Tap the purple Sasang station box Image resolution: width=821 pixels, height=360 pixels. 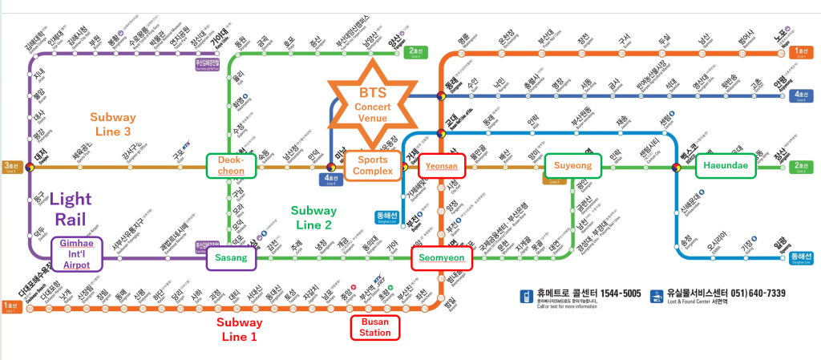[232, 257]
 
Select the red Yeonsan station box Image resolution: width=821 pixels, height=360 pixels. [442, 166]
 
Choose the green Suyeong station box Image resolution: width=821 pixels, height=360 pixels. [572, 166]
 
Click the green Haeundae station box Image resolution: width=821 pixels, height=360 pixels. [725, 166]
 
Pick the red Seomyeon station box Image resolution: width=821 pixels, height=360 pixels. [442, 258]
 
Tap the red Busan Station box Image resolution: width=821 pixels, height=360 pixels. [374, 326]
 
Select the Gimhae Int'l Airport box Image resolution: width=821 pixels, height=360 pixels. [78, 253]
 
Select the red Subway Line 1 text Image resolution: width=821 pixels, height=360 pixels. [240, 329]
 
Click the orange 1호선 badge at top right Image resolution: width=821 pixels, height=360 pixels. [800, 53]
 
